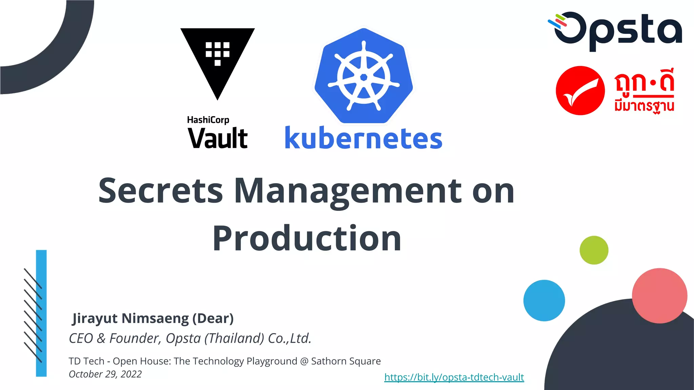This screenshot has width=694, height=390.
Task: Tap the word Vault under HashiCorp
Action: (218, 138)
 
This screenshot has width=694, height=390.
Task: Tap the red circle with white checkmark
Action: (580, 90)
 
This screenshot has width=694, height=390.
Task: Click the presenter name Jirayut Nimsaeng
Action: (130, 319)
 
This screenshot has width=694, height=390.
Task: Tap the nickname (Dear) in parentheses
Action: (213, 319)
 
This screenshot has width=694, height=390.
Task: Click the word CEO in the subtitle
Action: (81, 338)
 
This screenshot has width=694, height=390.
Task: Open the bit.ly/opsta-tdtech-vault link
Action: (454, 377)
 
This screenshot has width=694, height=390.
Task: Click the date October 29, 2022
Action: (105, 374)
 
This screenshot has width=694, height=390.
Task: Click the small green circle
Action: (594, 250)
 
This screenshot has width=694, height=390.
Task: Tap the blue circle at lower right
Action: (544, 300)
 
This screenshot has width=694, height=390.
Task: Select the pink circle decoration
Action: (659, 296)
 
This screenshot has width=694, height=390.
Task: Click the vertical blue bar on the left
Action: (41, 313)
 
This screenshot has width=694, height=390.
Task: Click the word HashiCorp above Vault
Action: (208, 120)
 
